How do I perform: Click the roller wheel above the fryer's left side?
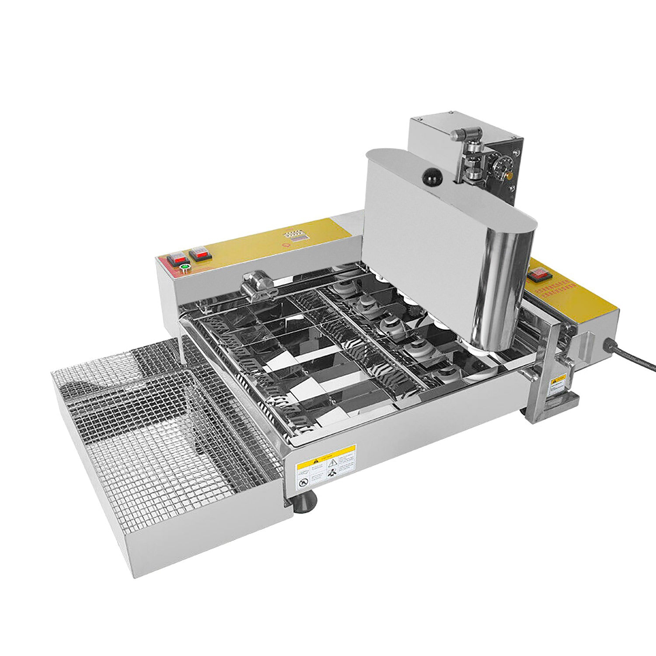pyautogui.click(x=258, y=284)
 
